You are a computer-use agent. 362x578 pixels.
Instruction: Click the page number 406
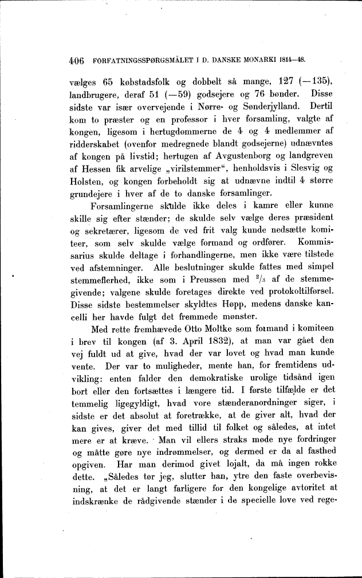pos(77,60)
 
